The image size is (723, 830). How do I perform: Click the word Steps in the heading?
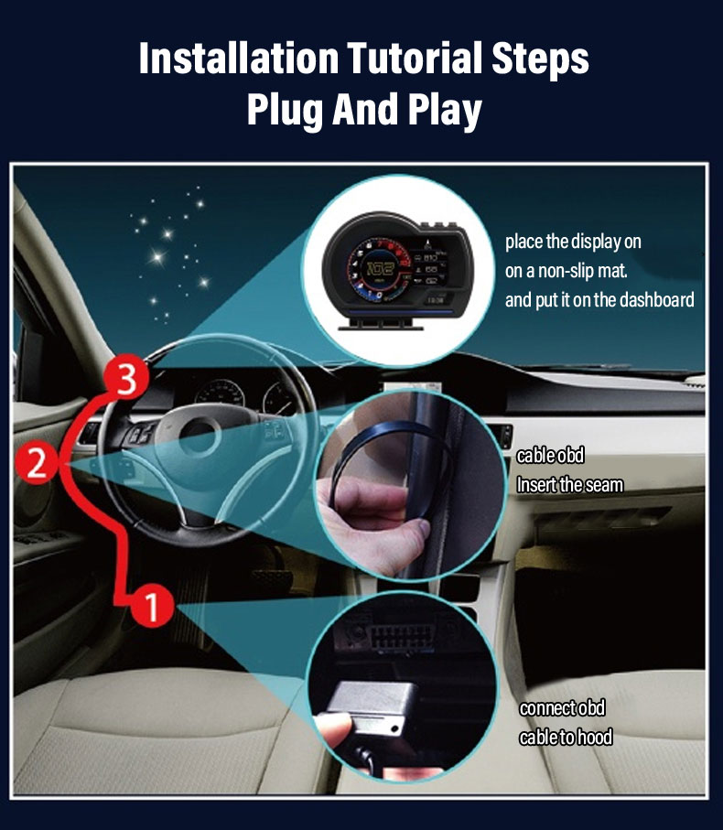click(x=539, y=59)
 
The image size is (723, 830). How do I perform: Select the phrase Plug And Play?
click(x=363, y=110)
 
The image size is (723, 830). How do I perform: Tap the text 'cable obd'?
click(x=550, y=456)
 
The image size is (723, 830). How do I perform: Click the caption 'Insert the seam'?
click(x=569, y=485)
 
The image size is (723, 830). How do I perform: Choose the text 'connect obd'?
click(x=562, y=708)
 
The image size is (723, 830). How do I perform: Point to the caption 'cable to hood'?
click(x=566, y=738)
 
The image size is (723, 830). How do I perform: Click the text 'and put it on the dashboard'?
click(x=599, y=299)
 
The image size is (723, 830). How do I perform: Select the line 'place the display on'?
click(x=573, y=243)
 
